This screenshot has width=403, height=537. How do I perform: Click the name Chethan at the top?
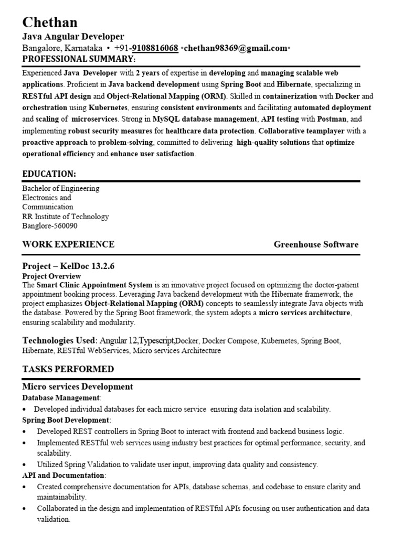[50, 22]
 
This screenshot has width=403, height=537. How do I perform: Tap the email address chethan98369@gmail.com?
[235, 48]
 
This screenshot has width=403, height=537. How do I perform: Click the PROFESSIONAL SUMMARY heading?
[79, 58]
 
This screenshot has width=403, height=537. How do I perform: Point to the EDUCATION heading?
[49, 174]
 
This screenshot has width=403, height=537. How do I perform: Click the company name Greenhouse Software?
[316, 244]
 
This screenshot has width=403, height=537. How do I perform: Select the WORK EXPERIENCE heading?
[68, 244]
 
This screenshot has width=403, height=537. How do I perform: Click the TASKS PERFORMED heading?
[68, 369]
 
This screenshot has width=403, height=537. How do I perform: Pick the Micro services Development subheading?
[78, 387]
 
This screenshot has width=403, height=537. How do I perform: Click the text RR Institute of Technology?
[66, 217]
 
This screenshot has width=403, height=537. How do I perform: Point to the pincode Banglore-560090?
[50, 226]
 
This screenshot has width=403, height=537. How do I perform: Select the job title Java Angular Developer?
[73, 37]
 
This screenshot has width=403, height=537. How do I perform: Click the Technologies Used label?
[59, 340]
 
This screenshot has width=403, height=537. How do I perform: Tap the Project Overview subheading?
[51, 276]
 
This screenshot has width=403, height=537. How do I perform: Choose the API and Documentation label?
[63, 475]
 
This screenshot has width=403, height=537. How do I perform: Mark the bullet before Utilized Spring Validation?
[25, 465]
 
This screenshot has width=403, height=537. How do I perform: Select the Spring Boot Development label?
[66, 420]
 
